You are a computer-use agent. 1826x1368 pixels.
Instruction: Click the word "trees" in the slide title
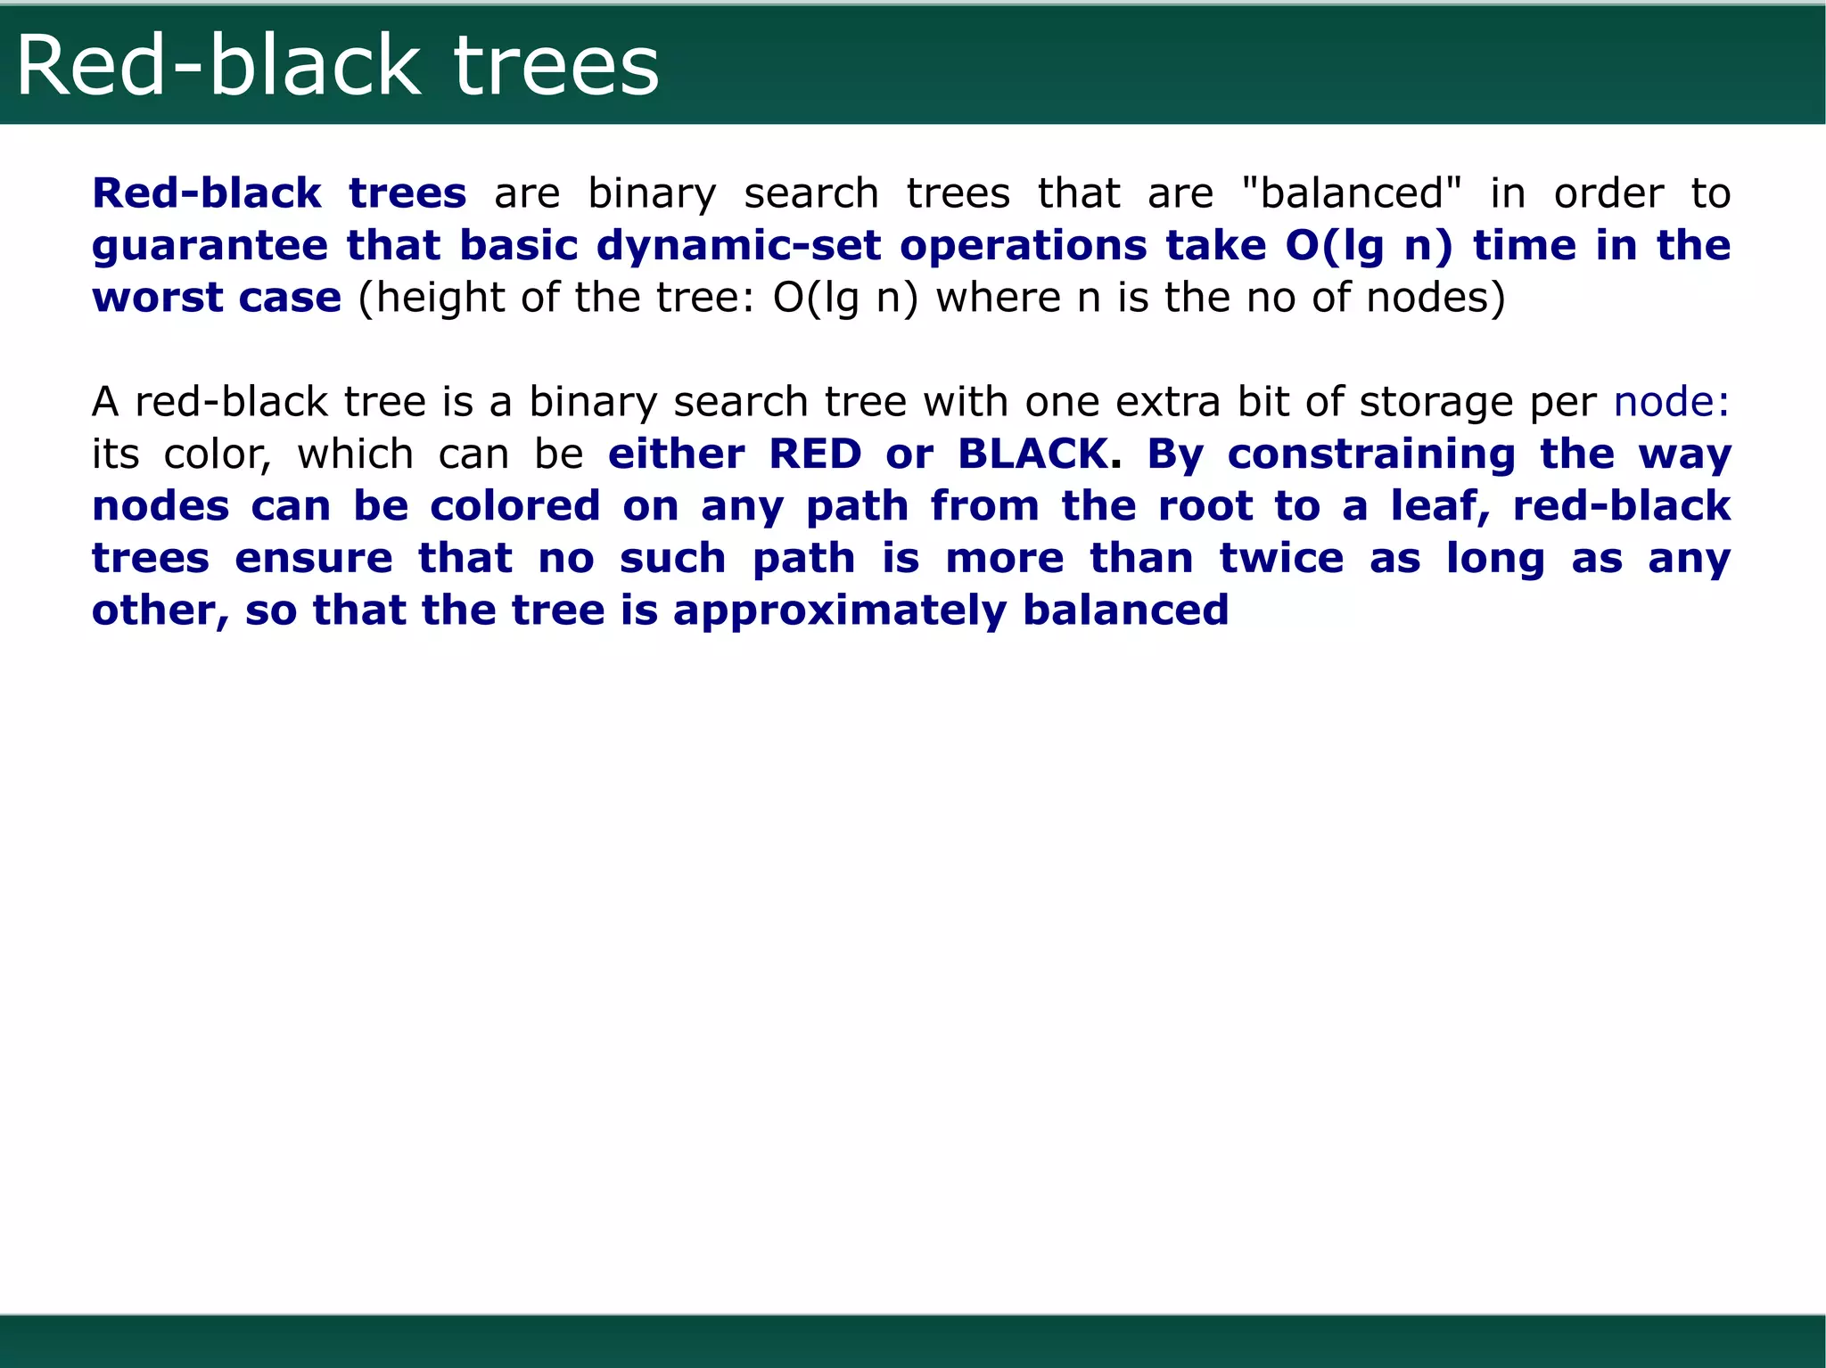pos(556,67)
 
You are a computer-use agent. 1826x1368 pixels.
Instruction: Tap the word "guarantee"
pos(210,246)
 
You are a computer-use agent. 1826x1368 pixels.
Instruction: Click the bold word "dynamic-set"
pos(739,246)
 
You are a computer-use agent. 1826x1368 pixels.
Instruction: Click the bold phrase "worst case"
pos(217,298)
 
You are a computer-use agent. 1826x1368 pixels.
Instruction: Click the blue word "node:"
pos(1671,402)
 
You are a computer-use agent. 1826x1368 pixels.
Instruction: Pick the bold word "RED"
pos(815,455)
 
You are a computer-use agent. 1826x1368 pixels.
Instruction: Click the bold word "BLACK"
pos(1032,455)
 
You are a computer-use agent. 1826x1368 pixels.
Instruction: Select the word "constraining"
pos(1371,455)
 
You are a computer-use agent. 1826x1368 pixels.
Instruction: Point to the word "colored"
pos(515,506)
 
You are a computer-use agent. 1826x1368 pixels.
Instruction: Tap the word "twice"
pos(1281,559)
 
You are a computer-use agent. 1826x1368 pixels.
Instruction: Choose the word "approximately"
pos(839,611)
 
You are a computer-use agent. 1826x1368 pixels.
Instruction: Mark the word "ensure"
pos(314,559)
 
